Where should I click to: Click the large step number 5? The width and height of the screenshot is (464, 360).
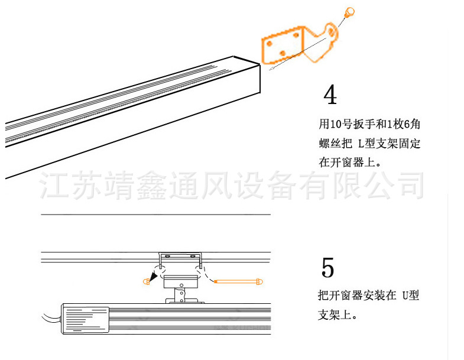point(328,268)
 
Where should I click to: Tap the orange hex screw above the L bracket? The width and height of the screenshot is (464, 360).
point(349,11)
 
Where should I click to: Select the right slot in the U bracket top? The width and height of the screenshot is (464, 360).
point(192,256)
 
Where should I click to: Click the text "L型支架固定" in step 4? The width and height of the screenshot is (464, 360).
point(390,143)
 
